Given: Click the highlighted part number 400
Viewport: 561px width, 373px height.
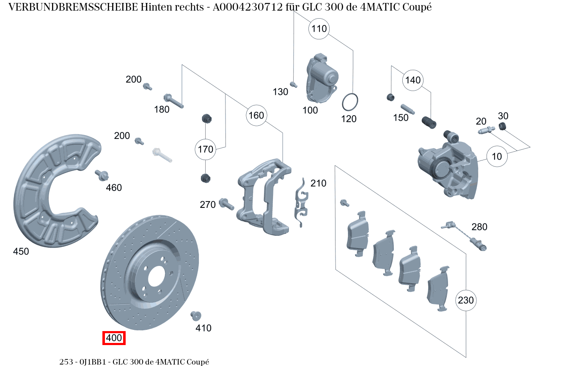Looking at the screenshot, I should (x=114, y=338).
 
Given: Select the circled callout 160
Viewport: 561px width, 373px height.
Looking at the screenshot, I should (x=256, y=115).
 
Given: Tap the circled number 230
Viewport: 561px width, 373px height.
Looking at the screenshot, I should (x=466, y=300).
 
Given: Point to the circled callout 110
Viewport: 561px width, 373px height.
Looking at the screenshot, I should (x=319, y=29).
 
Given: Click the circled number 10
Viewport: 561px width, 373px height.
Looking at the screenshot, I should (x=497, y=156).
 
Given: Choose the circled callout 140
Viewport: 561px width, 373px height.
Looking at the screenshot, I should (x=413, y=80).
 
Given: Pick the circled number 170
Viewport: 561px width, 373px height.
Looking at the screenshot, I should (x=205, y=149).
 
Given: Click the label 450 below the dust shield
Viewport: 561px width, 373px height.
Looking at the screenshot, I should (x=21, y=251).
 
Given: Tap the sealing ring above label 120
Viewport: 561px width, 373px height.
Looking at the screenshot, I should (x=350, y=102).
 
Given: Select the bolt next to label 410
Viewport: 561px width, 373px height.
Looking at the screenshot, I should (x=195, y=315).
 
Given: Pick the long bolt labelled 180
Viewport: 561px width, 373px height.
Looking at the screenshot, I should (x=173, y=100).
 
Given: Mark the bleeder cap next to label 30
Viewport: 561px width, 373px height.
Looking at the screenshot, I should (x=503, y=126).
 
